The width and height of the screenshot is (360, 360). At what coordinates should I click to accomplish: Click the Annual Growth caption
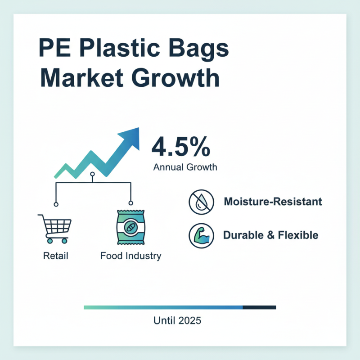pos(185,167)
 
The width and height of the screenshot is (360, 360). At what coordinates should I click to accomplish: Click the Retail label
pos(56,256)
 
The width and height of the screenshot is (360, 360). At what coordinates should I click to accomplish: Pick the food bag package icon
pos(130,228)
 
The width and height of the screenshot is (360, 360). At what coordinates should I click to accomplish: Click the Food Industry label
pos(130,256)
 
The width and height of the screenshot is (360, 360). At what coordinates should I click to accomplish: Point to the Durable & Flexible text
pos(270,235)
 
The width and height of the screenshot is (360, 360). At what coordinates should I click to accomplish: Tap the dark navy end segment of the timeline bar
pos(259,307)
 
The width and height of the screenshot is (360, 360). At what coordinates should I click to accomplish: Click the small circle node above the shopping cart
pos(56,204)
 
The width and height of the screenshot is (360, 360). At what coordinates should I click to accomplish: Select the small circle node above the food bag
pos(130,204)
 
